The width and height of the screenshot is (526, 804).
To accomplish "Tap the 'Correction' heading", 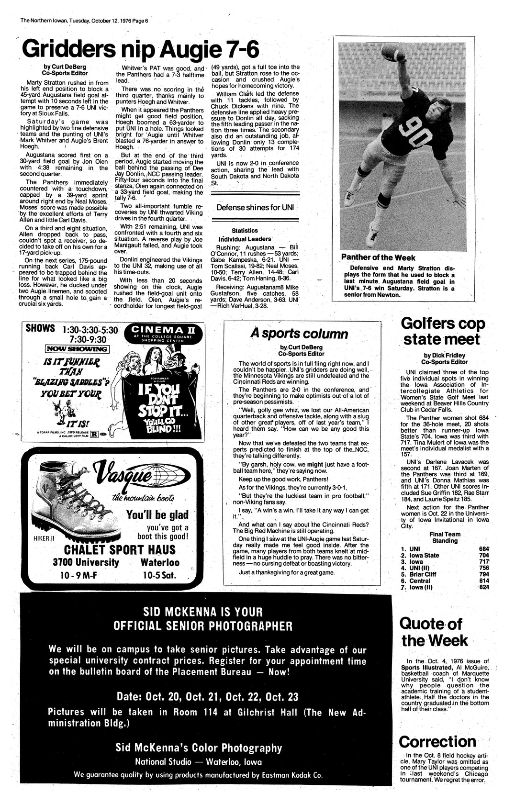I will click(437, 742).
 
